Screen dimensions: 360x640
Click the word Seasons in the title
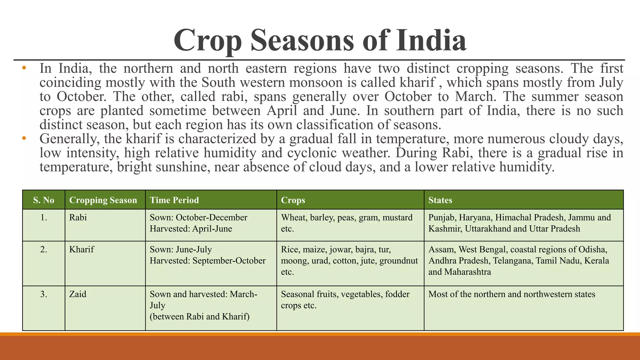click(302, 40)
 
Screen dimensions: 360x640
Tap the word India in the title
click(431, 40)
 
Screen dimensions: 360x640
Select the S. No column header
click(43, 200)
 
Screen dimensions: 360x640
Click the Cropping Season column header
click(103, 200)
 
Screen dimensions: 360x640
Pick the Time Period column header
click(174, 200)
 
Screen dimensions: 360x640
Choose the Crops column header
click(293, 200)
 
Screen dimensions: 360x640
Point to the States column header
click(440, 200)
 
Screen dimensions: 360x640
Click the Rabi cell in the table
click(78, 217)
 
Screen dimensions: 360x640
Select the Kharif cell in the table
click(82, 249)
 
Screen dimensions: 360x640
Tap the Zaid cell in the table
click(78, 294)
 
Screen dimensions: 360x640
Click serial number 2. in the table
click(44, 249)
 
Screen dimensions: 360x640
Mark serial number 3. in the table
click(44, 294)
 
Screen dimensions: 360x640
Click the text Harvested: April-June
click(191, 229)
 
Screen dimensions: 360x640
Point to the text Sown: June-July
click(181, 249)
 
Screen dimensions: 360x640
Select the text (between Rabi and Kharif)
click(199, 317)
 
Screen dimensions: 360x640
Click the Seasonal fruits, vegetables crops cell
click(345, 299)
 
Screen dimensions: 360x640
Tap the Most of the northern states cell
click(512, 294)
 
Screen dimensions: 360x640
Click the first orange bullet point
click(24, 68)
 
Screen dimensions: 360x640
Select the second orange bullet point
click(24, 138)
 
